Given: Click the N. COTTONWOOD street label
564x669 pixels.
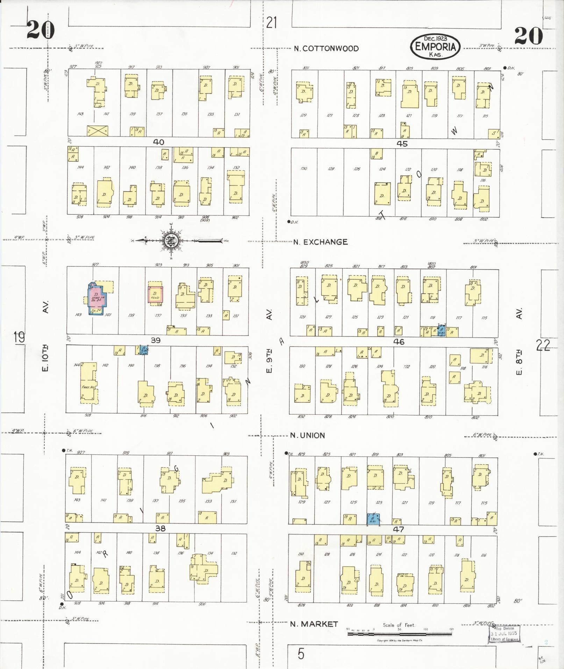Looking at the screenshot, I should (x=326, y=49).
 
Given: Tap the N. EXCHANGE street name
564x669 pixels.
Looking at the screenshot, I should (x=320, y=242).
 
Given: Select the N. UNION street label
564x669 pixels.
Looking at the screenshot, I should (x=308, y=435).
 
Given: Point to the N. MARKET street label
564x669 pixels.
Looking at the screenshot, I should (x=314, y=624).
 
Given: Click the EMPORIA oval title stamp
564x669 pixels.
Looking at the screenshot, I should (x=435, y=47).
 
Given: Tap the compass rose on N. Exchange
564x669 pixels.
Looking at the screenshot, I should (x=171, y=241).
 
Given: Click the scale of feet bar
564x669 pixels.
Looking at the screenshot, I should (x=399, y=633).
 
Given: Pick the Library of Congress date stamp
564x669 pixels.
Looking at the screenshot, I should (x=504, y=633).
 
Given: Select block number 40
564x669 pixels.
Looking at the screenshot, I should (x=159, y=142).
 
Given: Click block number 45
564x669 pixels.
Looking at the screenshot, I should (x=402, y=143).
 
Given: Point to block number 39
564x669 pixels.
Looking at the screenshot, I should (x=155, y=340).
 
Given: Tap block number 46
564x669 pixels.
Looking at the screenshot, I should (x=399, y=342).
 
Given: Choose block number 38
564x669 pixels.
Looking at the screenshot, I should (x=160, y=528).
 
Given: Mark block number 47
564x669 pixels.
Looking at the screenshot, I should (x=398, y=529).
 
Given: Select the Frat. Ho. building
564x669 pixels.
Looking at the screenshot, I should (x=88, y=383).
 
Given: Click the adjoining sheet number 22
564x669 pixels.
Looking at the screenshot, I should (x=543, y=346).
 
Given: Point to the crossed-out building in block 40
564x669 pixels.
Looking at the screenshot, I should (x=98, y=131).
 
